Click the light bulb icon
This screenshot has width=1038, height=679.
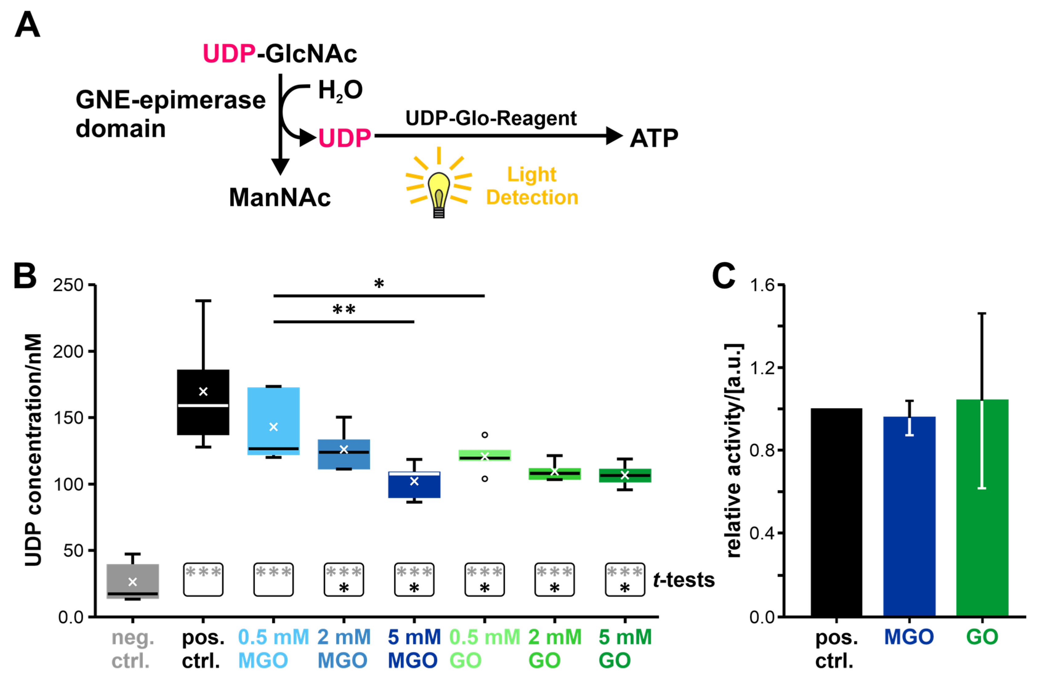(x=439, y=192)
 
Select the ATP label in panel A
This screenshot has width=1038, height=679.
(x=653, y=138)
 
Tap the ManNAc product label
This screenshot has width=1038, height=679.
(x=279, y=197)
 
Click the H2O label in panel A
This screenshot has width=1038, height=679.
(x=340, y=90)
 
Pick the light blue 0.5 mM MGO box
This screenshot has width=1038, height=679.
(x=274, y=421)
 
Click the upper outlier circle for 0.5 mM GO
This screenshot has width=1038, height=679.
(x=485, y=435)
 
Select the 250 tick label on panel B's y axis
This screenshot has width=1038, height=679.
(x=68, y=285)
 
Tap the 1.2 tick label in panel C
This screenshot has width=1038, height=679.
(x=762, y=368)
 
